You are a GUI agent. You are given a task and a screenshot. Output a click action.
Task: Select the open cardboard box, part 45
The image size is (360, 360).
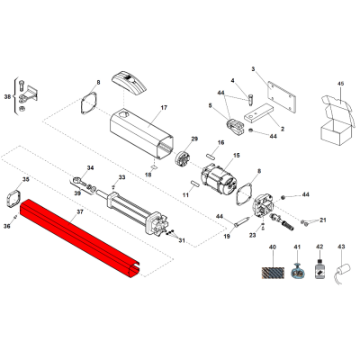[337, 120]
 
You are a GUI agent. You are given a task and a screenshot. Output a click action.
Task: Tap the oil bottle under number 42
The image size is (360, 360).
[319, 267]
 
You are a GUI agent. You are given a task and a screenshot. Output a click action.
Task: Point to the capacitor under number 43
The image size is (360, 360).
[343, 271]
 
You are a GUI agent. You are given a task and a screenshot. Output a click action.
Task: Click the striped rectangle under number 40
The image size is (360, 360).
[273, 273]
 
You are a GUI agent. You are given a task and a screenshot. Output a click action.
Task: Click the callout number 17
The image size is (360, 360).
[164, 107]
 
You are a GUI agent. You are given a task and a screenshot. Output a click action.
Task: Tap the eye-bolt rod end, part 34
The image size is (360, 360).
[78, 182]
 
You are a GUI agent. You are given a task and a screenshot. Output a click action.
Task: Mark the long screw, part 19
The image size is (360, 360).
[242, 221]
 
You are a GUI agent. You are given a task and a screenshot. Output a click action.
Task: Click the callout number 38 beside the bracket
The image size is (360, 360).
[8, 96]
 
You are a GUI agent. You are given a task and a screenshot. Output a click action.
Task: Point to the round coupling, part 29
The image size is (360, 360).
[182, 158]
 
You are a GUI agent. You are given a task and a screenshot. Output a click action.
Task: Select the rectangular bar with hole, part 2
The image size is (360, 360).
[258, 112]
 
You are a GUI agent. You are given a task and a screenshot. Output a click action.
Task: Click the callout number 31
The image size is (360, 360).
[182, 240]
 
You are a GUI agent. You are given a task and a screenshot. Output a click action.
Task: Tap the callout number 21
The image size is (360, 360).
[323, 220]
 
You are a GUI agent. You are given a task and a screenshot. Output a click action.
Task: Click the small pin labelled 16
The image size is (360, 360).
[211, 156]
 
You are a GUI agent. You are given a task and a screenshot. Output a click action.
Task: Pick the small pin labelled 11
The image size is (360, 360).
[195, 183]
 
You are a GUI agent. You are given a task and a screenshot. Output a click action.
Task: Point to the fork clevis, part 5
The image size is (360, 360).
[234, 127]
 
